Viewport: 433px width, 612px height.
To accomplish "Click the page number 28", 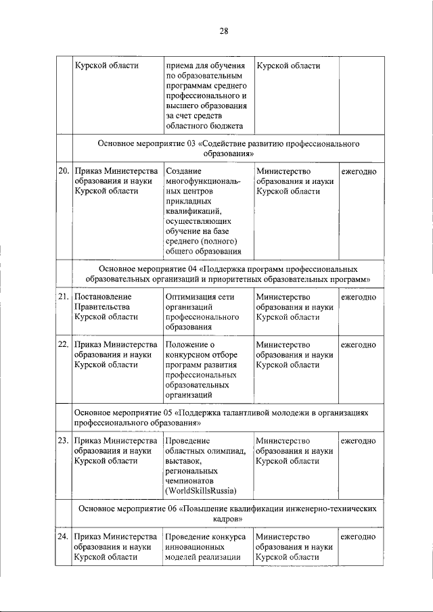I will tap(224, 31).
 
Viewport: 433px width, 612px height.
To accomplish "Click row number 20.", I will tap(63, 172).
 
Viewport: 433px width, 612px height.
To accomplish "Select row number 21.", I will tap(63, 297).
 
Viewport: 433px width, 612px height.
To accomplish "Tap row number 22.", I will tap(63, 345).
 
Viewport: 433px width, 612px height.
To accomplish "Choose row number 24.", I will tap(63, 538).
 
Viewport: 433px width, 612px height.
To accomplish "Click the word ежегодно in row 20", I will tap(359, 172).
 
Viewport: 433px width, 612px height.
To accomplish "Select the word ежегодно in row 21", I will tap(359, 297).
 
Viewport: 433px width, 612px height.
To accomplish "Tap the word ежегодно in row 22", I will tap(359, 345).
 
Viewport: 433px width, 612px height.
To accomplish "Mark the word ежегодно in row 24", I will tap(359, 538).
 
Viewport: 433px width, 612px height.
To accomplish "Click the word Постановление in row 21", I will tap(103, 297).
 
